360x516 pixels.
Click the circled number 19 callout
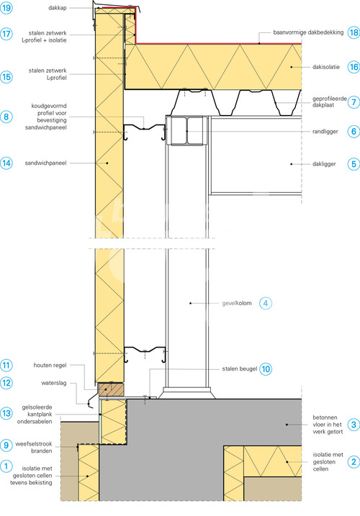pos(6,8)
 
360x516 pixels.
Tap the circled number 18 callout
pos(354,32)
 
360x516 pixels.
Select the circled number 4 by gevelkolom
pos(266,303)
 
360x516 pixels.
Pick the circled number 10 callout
pos(266,369)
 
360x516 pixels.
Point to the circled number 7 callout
pos(354,102)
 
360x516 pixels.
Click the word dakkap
pos(58,8)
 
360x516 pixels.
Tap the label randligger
pos(325,132)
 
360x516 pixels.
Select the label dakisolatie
pos(325,67)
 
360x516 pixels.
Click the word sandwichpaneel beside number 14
pos(45,163)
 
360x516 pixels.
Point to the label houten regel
pos(50,366)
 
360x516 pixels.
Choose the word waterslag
pos(54,383)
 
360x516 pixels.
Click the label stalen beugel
pos(240,369)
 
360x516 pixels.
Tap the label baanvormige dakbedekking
pos(308,32)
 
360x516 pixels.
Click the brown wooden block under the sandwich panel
pos(111,389)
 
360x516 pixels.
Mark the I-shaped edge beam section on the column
pos(186,130)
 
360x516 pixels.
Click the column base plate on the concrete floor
pos(186,393)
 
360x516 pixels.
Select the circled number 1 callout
pos(6,466)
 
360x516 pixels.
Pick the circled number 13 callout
pos(6,413)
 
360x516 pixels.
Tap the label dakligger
pos(324,164)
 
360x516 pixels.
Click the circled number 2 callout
pos(354,462)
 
